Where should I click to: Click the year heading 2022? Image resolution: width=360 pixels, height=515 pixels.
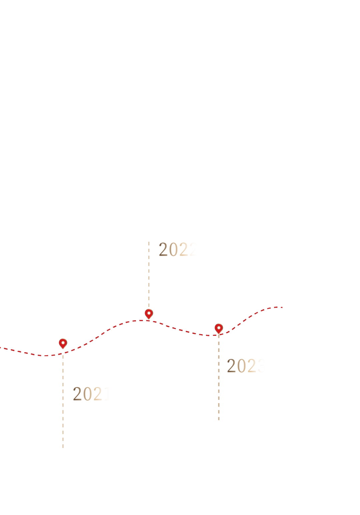pyautogui.click(x=178, y=249)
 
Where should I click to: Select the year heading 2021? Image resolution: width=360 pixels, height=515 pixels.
pyautogui.click(x=92, y=394)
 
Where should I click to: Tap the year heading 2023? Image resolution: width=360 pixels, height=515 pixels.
pyautogui.click(x=247, y=366)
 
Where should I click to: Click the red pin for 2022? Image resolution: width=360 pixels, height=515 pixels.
pyautogui.click(x=149, y=314)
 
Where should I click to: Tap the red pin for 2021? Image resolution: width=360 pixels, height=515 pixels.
pyautogui.click(x=63, y=343)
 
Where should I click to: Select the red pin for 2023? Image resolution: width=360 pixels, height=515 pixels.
pyautogui.click(x=219, y=328)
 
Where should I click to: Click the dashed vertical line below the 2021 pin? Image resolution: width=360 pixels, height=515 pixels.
pyautogui.click(x=63, y=400)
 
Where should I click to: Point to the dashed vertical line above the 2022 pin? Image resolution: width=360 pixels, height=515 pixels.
pyautogui.click(x=149, y=274)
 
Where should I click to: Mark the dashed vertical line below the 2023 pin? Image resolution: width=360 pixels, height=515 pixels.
pyautogui.click(x=219, y=377)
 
